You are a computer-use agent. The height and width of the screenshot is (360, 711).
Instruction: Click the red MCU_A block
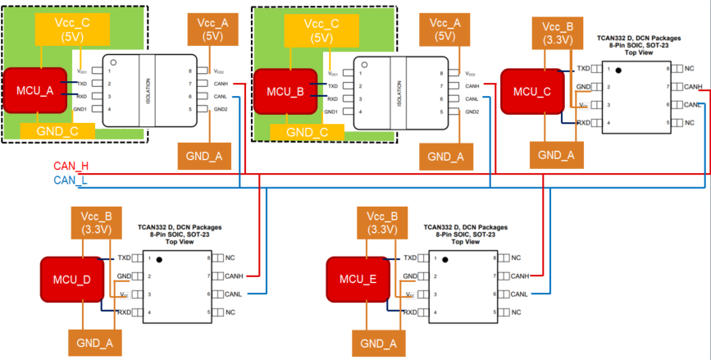(34, 91)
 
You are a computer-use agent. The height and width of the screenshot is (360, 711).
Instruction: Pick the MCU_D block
(70, 280)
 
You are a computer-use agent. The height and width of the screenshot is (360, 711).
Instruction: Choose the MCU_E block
(356, 280)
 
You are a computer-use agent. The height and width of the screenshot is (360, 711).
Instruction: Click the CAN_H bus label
(71, 166)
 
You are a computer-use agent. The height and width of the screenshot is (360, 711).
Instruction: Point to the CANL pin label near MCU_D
(235, 294)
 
